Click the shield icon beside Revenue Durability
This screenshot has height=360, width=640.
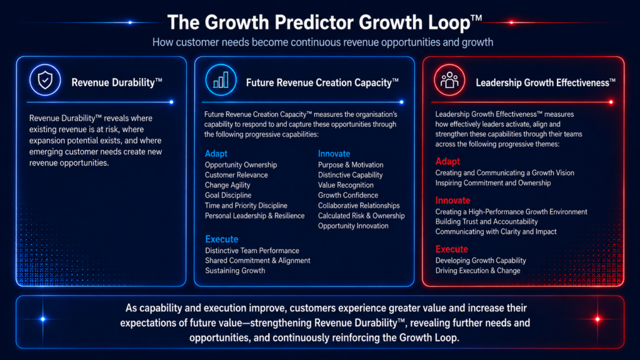coord(45,80)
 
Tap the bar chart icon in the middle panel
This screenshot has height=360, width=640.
coord(221,80)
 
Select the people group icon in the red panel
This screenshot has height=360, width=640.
coord(449,80)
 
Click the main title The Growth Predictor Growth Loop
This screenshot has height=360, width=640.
coord(324,22)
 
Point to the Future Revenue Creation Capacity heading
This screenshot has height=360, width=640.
coord(322,82)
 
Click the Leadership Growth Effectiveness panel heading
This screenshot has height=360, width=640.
coord(545,82)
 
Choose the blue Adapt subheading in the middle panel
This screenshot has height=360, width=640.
coord(216,154)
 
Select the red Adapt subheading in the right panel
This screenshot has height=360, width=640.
coord(447,161)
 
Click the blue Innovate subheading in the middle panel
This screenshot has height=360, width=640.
coord(334,154)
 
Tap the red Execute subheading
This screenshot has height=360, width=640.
coord(451,249)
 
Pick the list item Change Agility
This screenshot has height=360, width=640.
coord(227,185)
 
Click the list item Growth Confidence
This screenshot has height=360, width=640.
coord(347,195)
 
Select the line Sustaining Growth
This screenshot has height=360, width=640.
coord(235,271)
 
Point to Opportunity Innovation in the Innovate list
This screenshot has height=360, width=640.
coord(353,226)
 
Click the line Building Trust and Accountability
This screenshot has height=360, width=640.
coord(486,222)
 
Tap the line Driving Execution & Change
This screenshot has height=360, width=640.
coord(477,271)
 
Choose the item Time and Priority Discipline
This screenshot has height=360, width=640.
coord(246,205)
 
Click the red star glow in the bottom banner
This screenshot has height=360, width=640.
coord(597,319)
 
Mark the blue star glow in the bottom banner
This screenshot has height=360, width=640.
coord(43,319)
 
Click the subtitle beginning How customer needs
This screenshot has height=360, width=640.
coord(323,42)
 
